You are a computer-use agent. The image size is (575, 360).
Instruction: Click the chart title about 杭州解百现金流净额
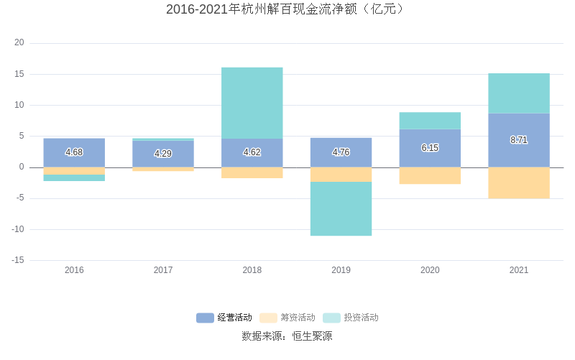click(x=287, y=9)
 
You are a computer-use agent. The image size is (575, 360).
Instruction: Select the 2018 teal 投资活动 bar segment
click(x=252, y=103)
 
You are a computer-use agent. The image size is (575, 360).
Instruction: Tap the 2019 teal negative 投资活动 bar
click(x=341, y=208)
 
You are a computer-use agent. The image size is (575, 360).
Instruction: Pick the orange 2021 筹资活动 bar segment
click(x=518, y=183)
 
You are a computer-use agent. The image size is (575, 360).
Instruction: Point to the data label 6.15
click(x=430, y=148)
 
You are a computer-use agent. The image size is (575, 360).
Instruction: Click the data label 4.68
click(x=74, y=152)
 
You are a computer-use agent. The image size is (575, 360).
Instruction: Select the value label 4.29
click(x=163, y=154)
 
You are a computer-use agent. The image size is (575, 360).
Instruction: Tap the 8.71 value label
click(x=518, y=140)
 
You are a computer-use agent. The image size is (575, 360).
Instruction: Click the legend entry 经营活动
click(x=224, y=318)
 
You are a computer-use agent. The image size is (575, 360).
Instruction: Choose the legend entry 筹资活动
click(x=287, y=318)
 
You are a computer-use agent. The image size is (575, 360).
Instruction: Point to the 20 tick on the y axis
click(x=19, y=43)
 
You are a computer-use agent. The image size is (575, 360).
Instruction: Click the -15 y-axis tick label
click(x=17, y=260)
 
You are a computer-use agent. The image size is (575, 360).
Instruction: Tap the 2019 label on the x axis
click(x=341, y=270)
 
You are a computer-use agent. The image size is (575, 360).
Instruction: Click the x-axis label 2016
click(x=74, y=270)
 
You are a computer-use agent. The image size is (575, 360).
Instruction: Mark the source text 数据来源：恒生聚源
click(x=287, y=336)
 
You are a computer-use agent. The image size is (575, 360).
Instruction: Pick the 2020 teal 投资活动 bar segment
click(x=430, y=121)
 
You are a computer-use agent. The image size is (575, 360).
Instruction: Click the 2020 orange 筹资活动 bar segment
click(x=430, y=175)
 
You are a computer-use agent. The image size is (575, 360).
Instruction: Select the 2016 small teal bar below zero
click(x=74, y=177)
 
